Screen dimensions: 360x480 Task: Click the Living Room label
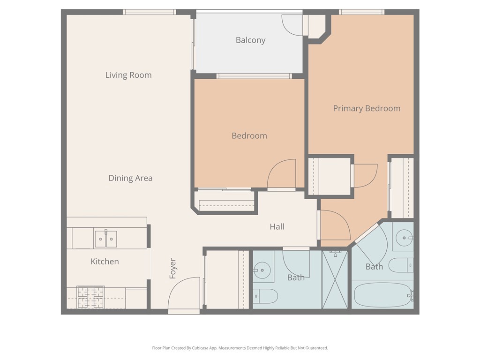click(x=128, y=75)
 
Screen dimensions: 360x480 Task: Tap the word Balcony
click(x=250, y=40)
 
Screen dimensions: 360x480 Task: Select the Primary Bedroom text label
click(x=367, y=108)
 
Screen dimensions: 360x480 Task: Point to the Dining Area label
click(x=130, y=178)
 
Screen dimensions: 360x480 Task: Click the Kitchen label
click(x=105, y=262)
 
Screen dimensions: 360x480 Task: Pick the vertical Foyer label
click(x=172, y=269)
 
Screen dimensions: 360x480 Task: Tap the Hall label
click(x=277, y=227)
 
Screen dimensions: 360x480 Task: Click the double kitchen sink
click(x=105, y=239)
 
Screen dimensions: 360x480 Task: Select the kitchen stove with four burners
click(x=90, y=297)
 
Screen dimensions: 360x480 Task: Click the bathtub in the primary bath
click(x=382, y=294)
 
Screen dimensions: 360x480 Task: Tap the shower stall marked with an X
click(x=335, y=280)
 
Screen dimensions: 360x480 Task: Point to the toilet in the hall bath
click(x=265, y=296)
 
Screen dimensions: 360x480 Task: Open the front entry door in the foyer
click(x=185, y=293)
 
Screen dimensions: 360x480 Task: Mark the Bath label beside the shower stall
click(x=296, y=277)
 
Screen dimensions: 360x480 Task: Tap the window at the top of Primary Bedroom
click(x=361, y=12)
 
